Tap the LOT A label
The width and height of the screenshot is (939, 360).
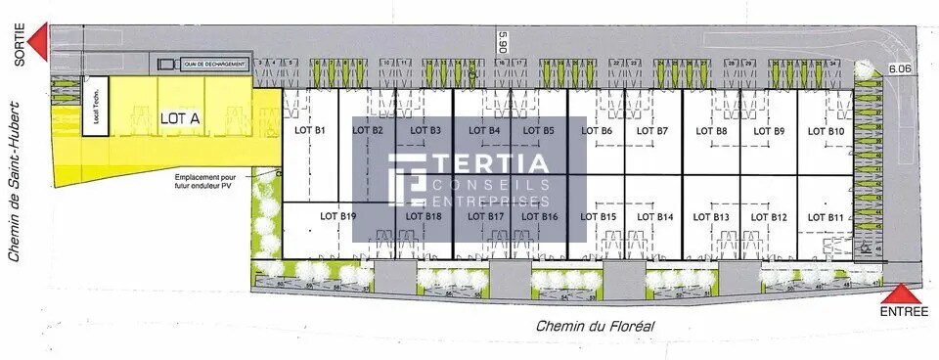click(x=180, y=118)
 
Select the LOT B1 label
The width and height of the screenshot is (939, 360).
click(x=309, y=130)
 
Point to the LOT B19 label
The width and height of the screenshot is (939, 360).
click(x=337, y=216)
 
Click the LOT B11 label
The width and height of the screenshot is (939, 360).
click(x=822, y=217)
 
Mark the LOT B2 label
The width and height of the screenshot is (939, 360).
click(x=367, y=130)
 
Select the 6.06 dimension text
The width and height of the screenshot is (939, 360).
click(x=899, y=68)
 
